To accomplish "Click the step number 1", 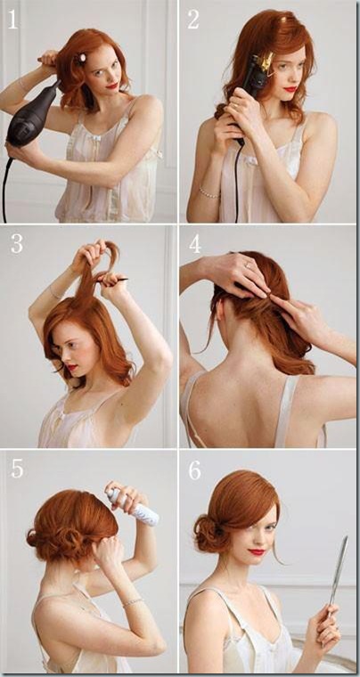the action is (13, 19).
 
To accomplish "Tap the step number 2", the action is (194, 19).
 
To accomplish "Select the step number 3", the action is (16, 243).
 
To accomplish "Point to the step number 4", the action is (195, 244).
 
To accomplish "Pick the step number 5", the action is (17, 469).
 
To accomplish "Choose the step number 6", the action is (195, 469).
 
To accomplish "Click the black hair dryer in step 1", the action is (31, 116).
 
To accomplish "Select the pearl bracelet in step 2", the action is (209, 192).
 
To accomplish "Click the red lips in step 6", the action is (256, 552).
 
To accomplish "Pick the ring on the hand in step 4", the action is (248, 265).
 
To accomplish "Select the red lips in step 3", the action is (71, 368).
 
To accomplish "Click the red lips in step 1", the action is (112, 86).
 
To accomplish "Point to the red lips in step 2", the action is (290, 90).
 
